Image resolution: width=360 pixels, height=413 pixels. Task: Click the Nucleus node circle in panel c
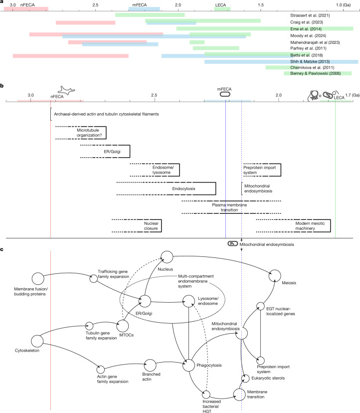tap(167, 257)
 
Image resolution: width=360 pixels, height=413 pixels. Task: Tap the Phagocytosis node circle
tap(189, 365)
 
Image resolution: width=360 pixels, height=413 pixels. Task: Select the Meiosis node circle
tap(275, 276)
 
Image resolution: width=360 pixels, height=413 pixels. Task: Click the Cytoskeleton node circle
tap(37, 341)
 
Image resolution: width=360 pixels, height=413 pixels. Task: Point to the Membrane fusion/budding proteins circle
tap(38, 279)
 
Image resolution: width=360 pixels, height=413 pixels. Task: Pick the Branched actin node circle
tap(150, 365)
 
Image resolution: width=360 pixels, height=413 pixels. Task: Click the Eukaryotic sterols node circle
tap(245, 378)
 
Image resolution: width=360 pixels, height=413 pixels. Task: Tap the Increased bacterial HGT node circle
tap(206, 395)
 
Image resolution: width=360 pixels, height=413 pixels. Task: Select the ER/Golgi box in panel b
tap(105, 151)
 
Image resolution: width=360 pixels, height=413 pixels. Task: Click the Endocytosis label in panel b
tap(183, 189)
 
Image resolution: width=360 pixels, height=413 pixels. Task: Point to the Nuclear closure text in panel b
tap(151, 226)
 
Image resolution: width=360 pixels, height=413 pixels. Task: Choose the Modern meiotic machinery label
tap(310, 226)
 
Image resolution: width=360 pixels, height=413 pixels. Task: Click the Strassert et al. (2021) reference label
tap(310, 15)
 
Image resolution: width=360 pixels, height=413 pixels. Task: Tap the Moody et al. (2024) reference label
tap(308, 35)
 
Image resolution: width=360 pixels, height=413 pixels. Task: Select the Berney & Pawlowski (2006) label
tap(316, 73)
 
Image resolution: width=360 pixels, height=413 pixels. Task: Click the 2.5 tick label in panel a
tap(95, 5)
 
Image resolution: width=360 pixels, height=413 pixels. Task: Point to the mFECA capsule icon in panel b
tap(225, 94)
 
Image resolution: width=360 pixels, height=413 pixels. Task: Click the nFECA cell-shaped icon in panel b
tap(66, 90)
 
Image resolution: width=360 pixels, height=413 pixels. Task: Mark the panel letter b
tap(2, 86)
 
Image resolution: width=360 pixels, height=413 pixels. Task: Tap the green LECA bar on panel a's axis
tap(222, 9)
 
